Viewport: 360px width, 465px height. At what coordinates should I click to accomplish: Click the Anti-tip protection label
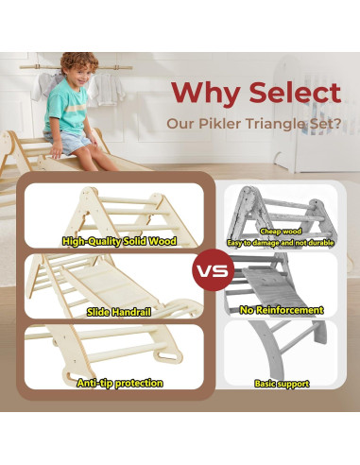click(120, 383)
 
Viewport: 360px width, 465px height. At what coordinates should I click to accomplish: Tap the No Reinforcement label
click(281, 310)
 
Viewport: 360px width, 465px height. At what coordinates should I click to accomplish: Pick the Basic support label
click(281, 384)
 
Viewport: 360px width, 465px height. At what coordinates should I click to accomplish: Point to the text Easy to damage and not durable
click(281, 242)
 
